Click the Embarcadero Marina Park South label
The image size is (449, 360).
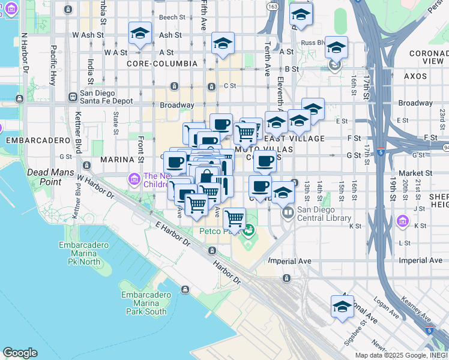pyautogui.click(x=143, y=303)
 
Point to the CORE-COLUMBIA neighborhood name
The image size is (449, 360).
pyautogui.click(x=162, y=63)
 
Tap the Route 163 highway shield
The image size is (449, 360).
pyautogui.click(x=273, y=6)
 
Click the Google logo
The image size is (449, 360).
pyautogui.click(x=19, y=353)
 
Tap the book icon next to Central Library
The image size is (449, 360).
pyautogui.click(x=288, y=212)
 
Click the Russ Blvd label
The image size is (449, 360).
pyautogui.click(x=313, y=43)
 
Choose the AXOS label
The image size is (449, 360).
pyautogui.click(x=415, y=76)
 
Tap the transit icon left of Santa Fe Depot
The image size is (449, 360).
pyautogui.click(x=73, y=96)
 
